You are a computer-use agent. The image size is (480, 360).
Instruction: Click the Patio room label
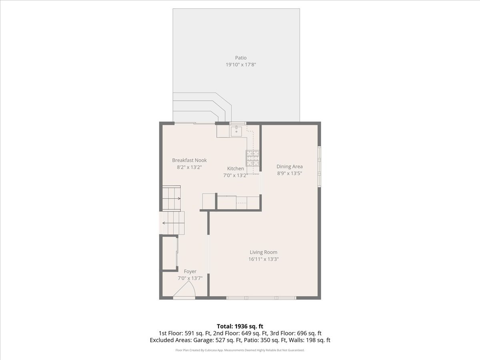(x=241, y=58)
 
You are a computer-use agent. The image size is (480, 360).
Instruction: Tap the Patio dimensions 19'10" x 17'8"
(x=241, y=65)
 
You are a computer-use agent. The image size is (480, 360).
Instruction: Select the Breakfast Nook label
(x=189, y=160)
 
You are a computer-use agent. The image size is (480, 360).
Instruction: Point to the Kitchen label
(x=236, y=168)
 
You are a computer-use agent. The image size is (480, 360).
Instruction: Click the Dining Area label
(x=290, y=166)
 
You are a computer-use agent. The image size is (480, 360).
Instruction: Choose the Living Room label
(x=264, y=252)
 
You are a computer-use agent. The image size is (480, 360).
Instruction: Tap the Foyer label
(x=190, y=272)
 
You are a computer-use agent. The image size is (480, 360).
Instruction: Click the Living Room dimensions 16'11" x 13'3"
(x=264, y=259)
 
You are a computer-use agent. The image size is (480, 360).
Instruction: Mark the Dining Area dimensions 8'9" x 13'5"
(x=290, y=173)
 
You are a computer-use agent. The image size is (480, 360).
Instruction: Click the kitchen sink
(x=236, y=131)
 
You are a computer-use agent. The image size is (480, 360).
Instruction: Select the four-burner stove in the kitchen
(x=253, y=158)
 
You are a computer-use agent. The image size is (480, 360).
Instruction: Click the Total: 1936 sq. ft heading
(x=240, y=326)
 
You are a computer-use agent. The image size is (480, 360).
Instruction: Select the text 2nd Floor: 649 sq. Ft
(x=255, y=333)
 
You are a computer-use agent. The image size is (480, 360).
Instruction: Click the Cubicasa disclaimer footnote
(x=240, y=350)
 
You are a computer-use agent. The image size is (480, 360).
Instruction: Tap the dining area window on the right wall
(x=319, y=166)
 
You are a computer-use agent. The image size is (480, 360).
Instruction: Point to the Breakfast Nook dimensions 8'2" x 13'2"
(x=189, y=167)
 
